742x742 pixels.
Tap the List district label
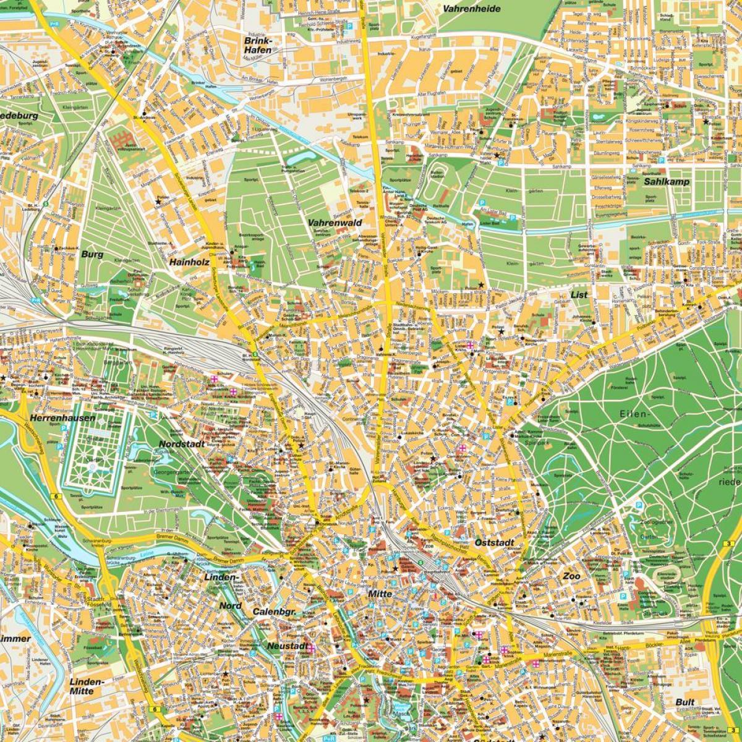point(579,295)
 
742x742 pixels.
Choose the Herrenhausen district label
point(65,418)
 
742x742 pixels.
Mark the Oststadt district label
point(495,542)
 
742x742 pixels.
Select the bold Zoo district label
point(571,576)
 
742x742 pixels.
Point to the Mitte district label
point(380,594)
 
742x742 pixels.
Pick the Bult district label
point(685,702)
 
